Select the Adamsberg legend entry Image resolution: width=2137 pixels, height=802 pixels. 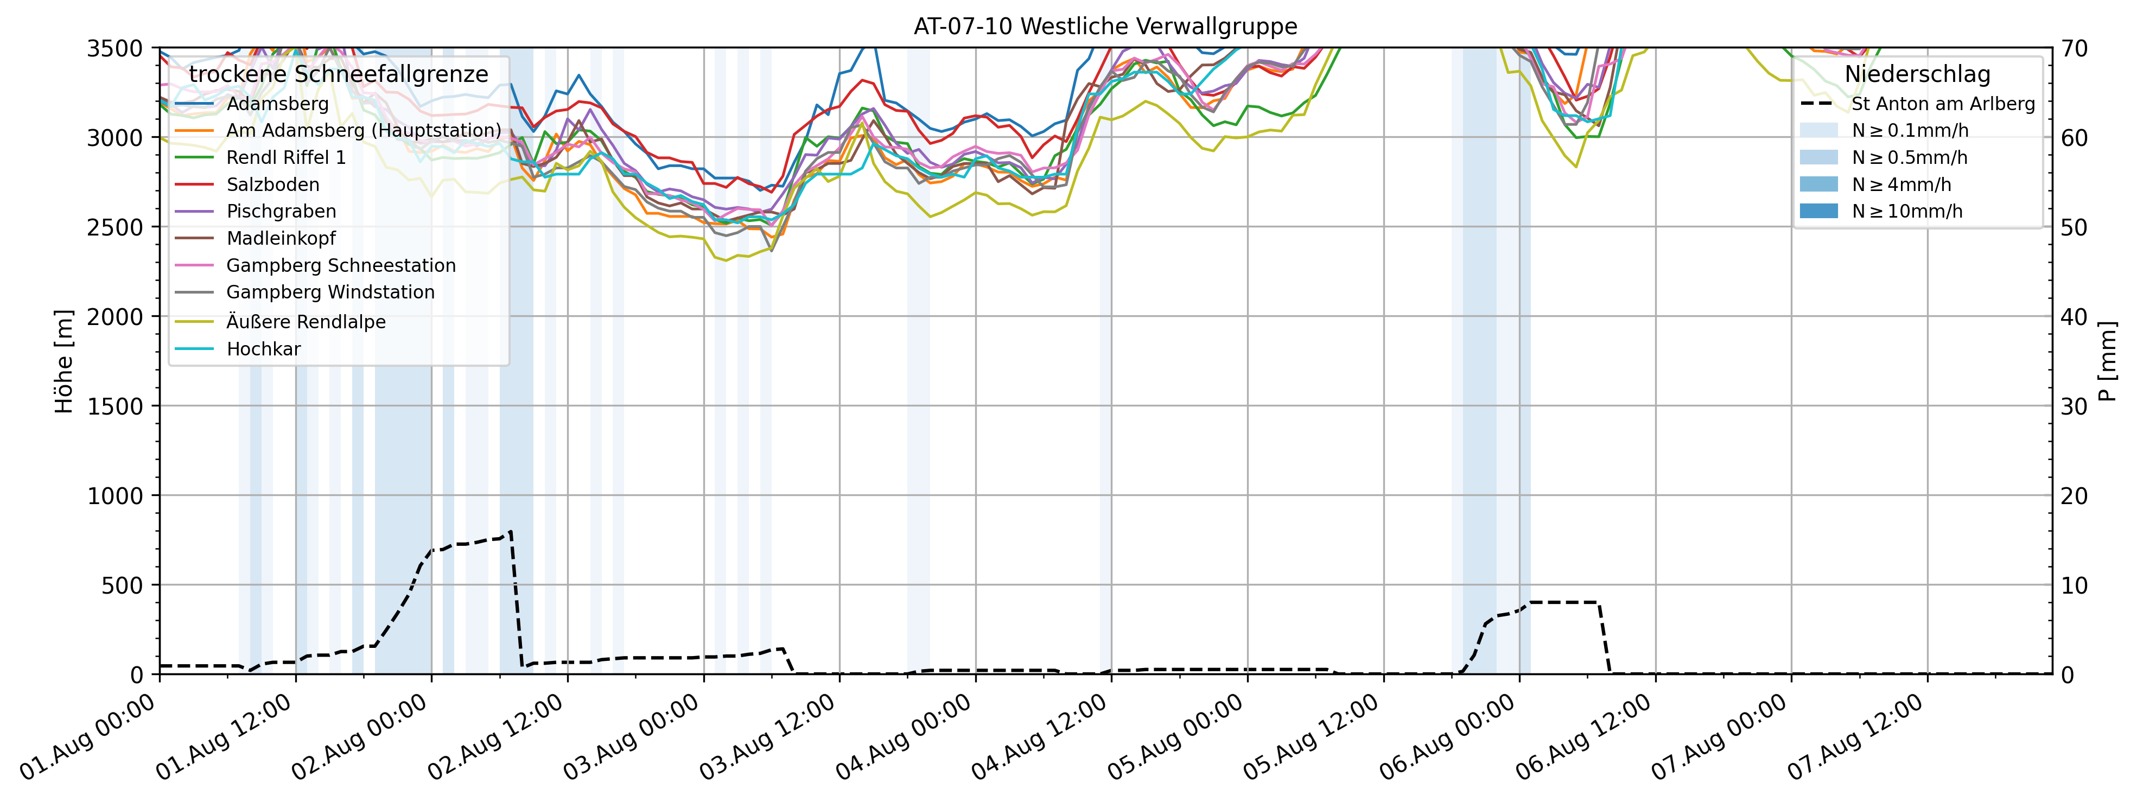pyautogui.click(x=277, y=104)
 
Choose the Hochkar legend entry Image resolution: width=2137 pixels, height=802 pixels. pyautogui.click(x=263, y=348)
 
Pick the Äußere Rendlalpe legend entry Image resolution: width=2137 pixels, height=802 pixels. pyautogui.click(x=306, y=322)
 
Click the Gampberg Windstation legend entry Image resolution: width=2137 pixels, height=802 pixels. pyautogui.click(x=330, y=292)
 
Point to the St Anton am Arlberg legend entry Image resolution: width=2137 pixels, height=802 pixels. pyautogui.click(x=1943, y=104)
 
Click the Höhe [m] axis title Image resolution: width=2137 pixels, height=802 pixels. pyautogui.click(x=64, y=361)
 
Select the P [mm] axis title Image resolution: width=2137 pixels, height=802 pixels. pyautogui.click(x=2108, y=361)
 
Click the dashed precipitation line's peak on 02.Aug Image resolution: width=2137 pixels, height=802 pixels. pyautogui.click(x=510, y=532)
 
